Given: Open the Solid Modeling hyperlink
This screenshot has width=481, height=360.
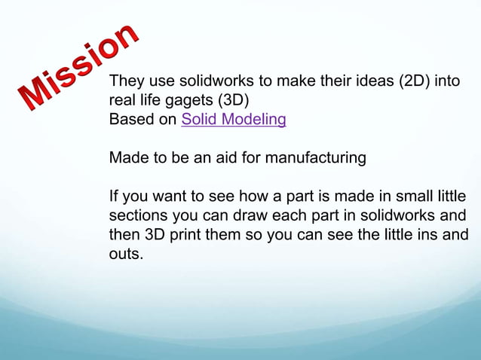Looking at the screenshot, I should pyautogui.click(x=234, y=120).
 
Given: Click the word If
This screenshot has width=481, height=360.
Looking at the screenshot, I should pyautogui.click(x=115, y=198).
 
